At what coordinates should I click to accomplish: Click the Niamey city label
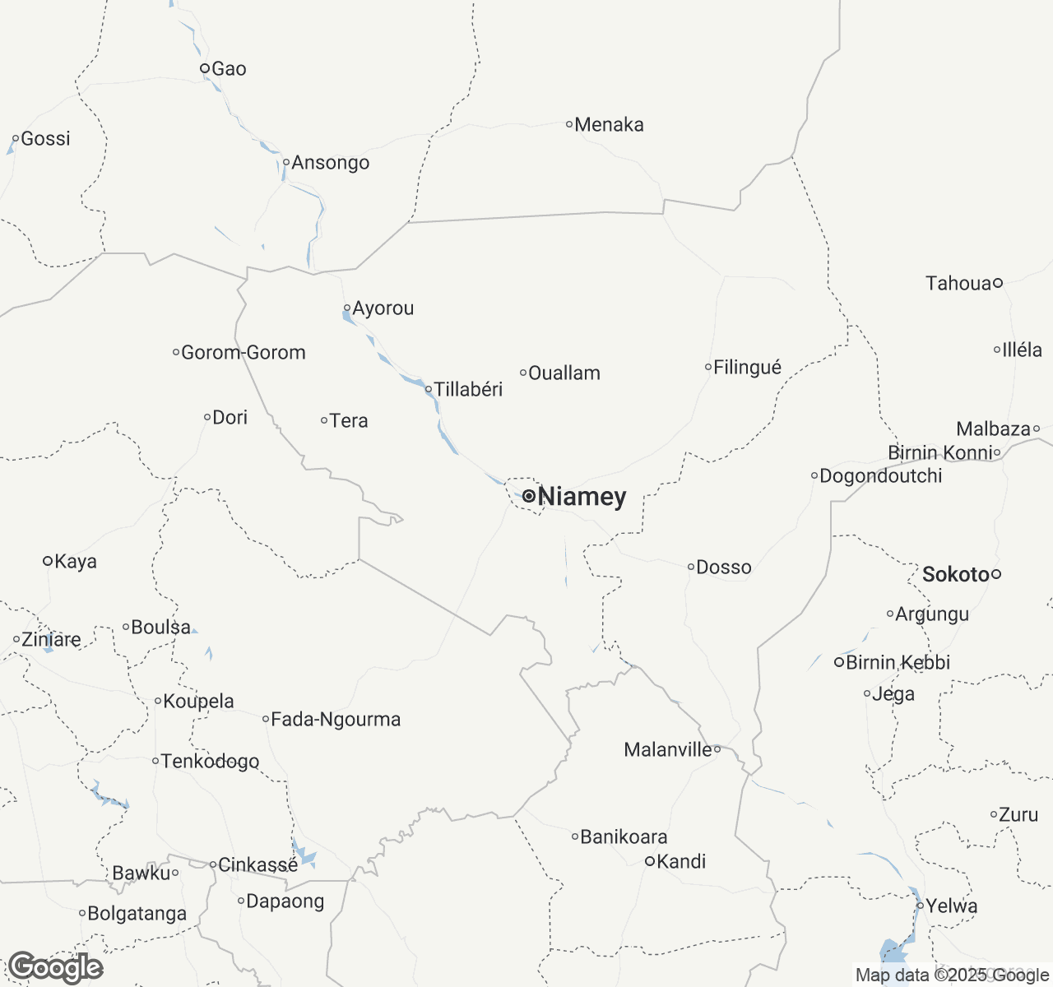(582, 497)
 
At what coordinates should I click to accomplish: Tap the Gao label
(229, 69)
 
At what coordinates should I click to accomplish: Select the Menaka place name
(609, 125)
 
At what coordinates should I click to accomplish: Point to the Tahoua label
(958, 284)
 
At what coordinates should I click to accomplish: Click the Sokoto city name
(955, 574)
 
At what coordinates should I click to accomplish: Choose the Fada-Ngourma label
(336, 720)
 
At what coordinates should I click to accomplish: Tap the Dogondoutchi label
(881, 476)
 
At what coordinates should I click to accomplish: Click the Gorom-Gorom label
(244, 353)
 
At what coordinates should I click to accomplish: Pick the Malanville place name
(668, 749)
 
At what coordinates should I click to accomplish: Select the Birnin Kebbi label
(898, 663)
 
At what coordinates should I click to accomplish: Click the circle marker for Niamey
(528, 496)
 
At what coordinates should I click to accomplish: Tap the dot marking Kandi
(649, 861)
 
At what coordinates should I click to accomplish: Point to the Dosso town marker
(691, 567)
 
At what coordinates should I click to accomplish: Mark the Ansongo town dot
(285, 162)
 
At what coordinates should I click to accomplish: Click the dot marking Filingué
(708, 367)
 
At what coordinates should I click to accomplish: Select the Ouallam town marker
(523, 373)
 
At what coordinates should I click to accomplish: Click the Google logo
(55, 967)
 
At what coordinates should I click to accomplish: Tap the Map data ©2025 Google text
(952, 975)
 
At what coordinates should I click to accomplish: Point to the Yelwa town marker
(921, 906)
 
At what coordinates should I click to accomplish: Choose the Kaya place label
(75, 562)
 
